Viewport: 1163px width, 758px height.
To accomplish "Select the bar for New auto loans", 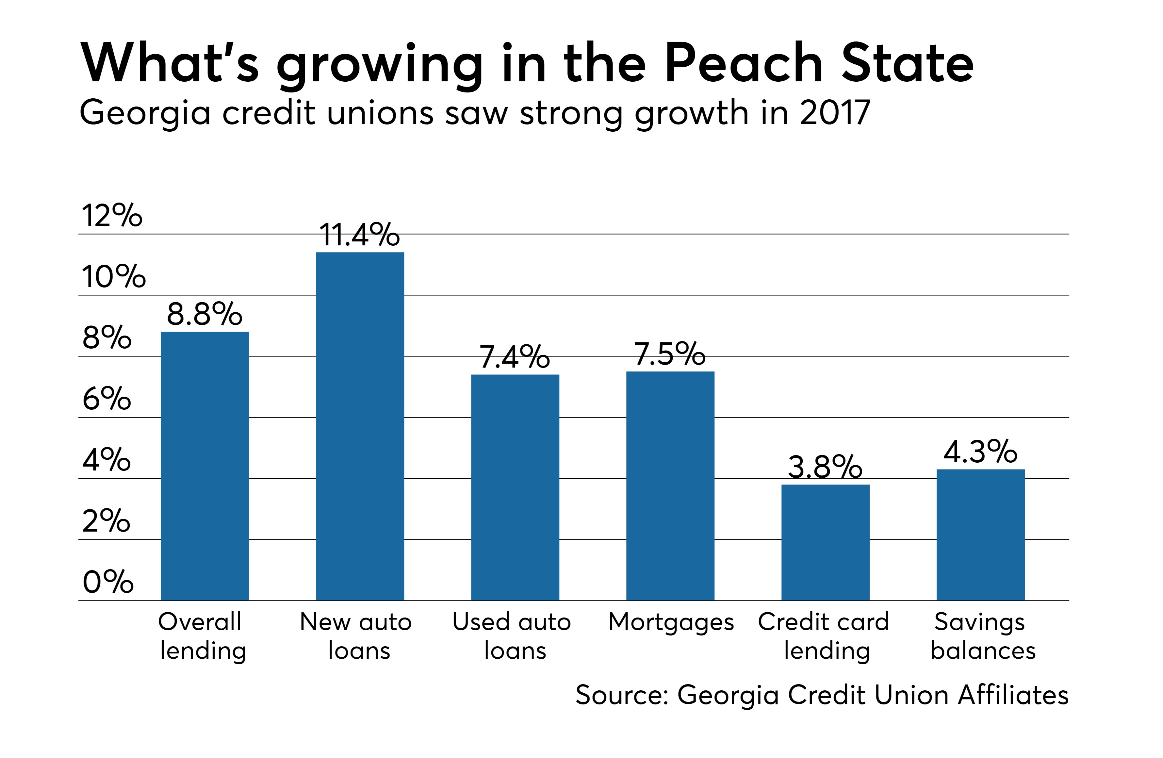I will (x=360, y=426).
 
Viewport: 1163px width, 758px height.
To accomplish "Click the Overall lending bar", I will (x=205, y=466).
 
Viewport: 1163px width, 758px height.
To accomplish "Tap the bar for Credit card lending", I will (x=825, y=542).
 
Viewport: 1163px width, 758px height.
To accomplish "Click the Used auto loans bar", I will (x=515, y=487).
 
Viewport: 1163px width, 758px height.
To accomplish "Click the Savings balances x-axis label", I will (x=982, y=636).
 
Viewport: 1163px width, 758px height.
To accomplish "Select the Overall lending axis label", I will (x=202, y=636).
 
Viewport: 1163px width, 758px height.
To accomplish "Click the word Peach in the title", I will (x=744, y=63).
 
